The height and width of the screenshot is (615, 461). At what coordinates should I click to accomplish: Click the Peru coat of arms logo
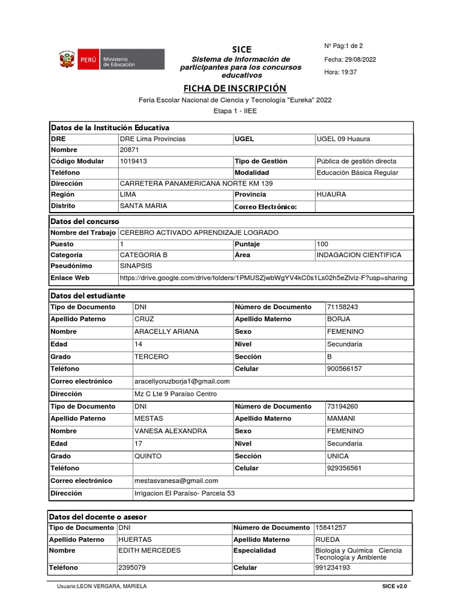click(x=65, y=60)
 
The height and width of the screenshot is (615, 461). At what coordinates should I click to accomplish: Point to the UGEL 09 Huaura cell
click(x=343, y=139)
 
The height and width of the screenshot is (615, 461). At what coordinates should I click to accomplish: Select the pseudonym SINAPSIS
click(x=136, y=265)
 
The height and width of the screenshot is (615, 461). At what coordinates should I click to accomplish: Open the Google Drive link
click(x=264, y=278)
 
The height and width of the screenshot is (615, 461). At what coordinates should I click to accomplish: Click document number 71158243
click(x=342, y=307)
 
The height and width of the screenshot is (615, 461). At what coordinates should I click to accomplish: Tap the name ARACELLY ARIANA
click(x=167, y=332)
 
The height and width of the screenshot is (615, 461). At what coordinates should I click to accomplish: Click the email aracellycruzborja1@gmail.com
click(x=182, y=381)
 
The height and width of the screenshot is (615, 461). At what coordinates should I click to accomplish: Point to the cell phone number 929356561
click(x=344, y=468)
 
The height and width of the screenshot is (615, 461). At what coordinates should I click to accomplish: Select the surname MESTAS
click(x=149, y=419)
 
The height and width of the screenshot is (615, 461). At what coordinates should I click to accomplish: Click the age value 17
click(x=139, y=443)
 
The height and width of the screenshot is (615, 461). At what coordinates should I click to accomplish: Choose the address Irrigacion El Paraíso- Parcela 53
click(x=184, y=493)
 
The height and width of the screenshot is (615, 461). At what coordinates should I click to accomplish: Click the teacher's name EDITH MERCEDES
click(x=149, y=550)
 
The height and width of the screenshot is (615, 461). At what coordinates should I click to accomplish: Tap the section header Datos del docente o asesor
click(x=98, y=517)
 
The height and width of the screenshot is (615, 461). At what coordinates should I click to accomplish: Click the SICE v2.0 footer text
click(x=394, y=586)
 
